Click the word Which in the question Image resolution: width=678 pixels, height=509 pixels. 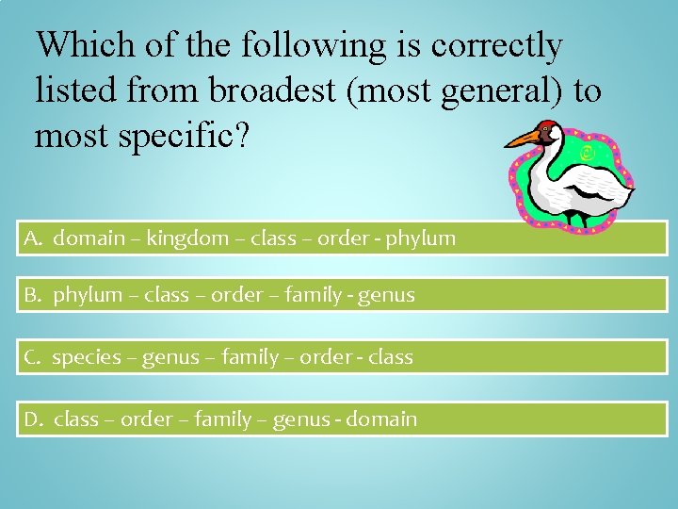pyautogui.click(x=76, y=44)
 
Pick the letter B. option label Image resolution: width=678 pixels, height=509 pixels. pyautogui.click(x=34, y=296)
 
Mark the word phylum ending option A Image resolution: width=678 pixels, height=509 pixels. pyautogui.click(x=425, y=238)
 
